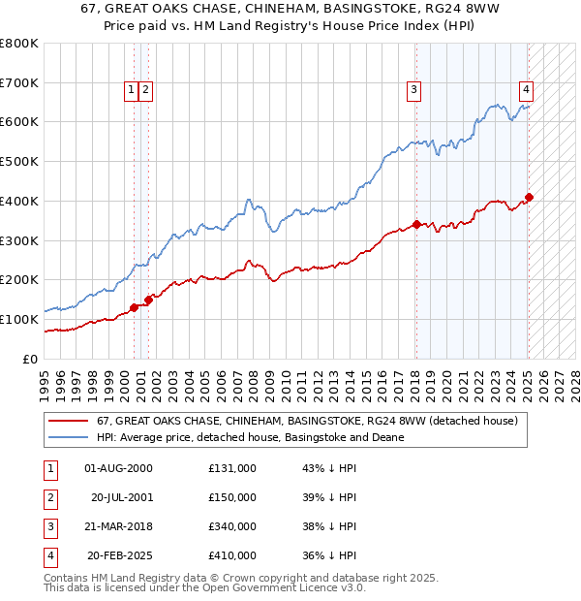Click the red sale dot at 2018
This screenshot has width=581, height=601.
pyautogui.click(x=416, y=224)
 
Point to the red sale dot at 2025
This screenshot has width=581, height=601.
pyautogui.click(x=529, y=197)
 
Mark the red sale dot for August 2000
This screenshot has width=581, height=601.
pyautogui.click(x=134, y=307)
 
